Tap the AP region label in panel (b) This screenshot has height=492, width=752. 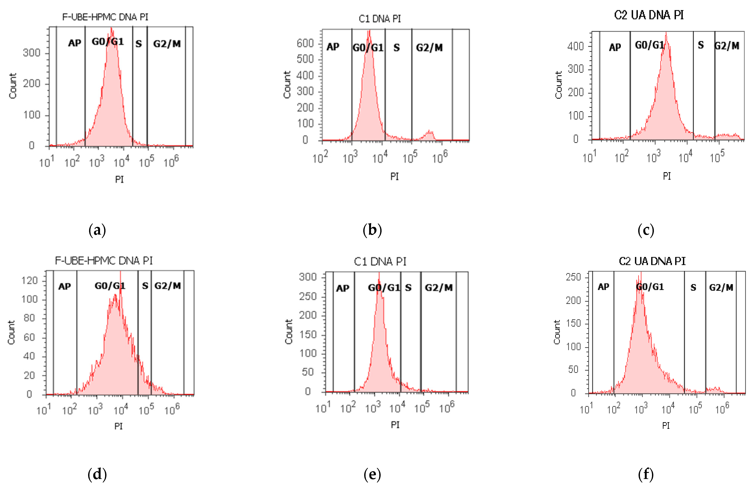333,47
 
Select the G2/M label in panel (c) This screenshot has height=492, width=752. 727,46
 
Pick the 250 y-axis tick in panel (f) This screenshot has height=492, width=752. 573,277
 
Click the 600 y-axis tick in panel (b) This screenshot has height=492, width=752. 305,43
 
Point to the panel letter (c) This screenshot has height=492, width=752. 646,230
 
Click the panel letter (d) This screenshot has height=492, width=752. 97,474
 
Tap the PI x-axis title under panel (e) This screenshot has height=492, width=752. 395,425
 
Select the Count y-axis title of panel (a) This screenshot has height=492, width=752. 13,86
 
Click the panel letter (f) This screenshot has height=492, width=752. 646,474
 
